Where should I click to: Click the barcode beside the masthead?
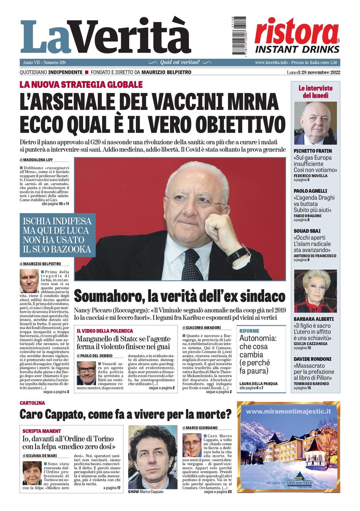[x=239, y=36]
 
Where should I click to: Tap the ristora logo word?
[x=296, y=32]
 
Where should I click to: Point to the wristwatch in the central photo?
[x=238, y=254]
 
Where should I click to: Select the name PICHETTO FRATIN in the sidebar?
[x=313, y=151]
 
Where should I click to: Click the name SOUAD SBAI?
[x=307, y=231]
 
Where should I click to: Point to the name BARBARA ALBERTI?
[x=314, y=319]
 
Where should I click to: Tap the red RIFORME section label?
[x=249, y=331]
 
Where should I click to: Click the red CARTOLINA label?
[x=32, y=403]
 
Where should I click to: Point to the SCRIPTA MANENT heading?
[x=42, y=431]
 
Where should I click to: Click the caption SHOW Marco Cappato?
[x=145, y=492]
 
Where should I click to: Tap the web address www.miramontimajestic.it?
[x=288, y=412]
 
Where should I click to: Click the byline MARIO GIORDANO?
[x=201, y=428]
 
